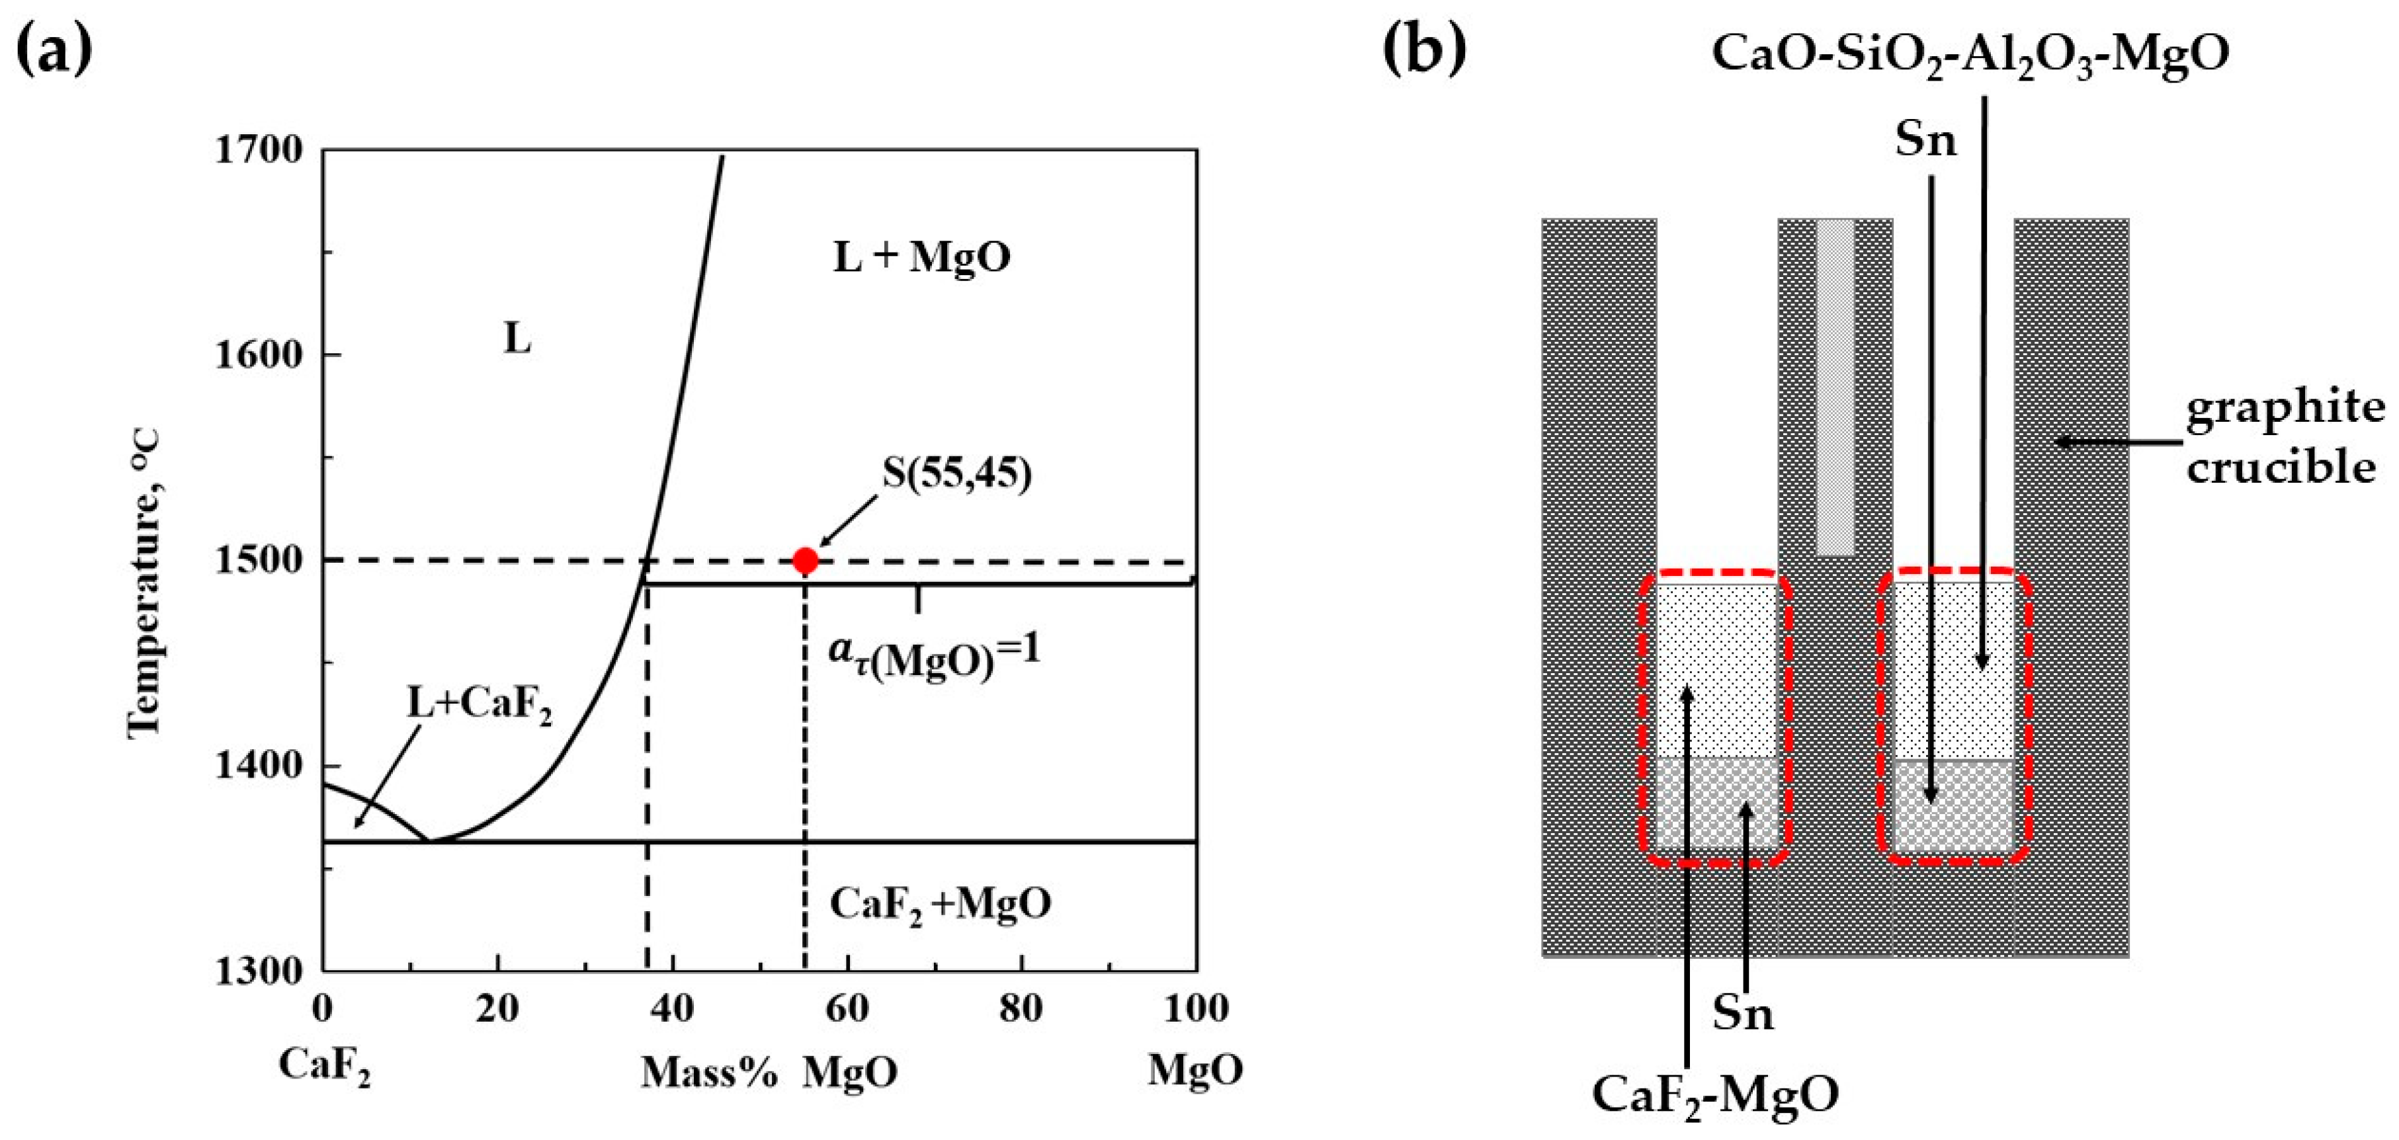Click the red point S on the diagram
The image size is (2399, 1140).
click(x=805, y=561)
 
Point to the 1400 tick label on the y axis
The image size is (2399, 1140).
click(x=258, y=766)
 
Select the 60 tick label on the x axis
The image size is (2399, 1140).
click(x=847, y=1008)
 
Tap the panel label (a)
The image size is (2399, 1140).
click(x=55, y=50)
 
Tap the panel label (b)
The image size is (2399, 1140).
click(x=1425, y=50)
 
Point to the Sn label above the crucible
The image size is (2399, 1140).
click(x=1926, y=140)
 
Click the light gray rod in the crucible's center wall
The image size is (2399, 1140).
click(x=1835, y=387)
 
